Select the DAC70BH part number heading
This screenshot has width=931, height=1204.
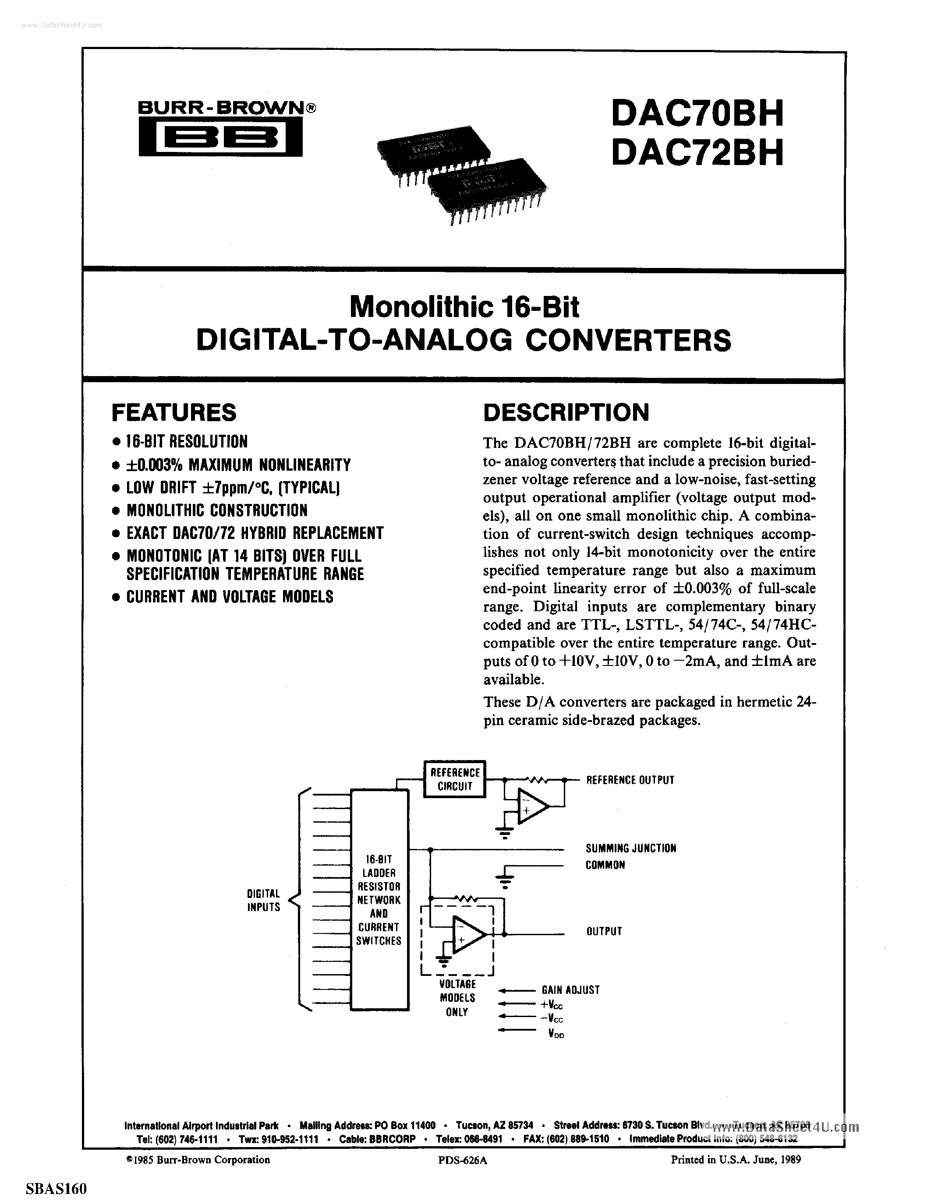point(697,113)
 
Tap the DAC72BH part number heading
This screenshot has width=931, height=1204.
point(697,153)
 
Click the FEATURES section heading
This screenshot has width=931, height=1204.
point(174,412)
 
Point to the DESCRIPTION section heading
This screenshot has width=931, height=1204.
point(566,412)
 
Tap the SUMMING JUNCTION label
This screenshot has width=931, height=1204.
point(630,848)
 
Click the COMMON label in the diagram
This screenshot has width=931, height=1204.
point(605,865)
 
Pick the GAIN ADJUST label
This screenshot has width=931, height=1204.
point(570,990)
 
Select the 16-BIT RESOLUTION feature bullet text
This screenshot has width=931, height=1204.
point(187,442)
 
